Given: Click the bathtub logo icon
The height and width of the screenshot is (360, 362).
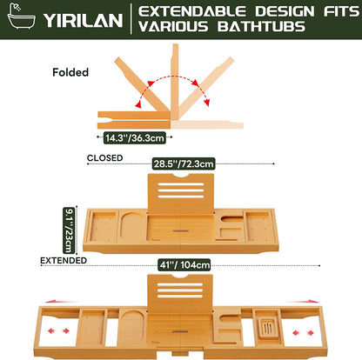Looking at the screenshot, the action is (21, 17).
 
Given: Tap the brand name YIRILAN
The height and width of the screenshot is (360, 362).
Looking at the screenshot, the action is (84, 20).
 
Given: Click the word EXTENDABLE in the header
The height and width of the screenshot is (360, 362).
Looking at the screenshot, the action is (191, 11).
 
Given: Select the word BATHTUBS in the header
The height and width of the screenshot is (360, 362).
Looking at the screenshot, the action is (261, 26).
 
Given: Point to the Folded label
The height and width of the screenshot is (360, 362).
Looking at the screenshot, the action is (70, 72).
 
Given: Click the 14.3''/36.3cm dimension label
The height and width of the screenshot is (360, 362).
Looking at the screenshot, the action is (135, 137).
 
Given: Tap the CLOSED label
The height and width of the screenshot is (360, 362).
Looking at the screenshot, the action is (105, 158).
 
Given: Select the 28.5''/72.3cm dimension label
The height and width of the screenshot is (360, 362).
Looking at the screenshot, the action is (184, 163).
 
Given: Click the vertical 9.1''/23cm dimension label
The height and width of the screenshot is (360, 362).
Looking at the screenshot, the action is (69, 230).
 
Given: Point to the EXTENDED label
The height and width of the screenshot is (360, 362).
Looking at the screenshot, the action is (64, 261).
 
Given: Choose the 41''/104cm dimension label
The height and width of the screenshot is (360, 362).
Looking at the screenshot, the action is (184, 265).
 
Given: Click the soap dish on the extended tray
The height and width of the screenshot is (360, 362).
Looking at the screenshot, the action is (267, 328).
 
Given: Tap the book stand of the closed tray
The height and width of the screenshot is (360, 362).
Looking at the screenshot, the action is (181, 193).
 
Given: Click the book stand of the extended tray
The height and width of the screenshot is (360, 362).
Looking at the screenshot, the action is (180, 294).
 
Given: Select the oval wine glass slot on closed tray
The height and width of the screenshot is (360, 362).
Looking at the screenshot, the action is (132, 227).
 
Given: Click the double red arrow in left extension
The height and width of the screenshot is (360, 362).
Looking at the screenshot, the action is (59, 330).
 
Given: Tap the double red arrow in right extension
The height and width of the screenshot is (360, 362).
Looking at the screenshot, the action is (303, 332).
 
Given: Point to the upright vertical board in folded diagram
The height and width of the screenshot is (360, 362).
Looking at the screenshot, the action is (175, 82).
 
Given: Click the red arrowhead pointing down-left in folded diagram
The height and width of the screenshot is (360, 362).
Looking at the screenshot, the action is (139, 104).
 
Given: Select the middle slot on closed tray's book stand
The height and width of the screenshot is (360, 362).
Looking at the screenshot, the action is (181, 190).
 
